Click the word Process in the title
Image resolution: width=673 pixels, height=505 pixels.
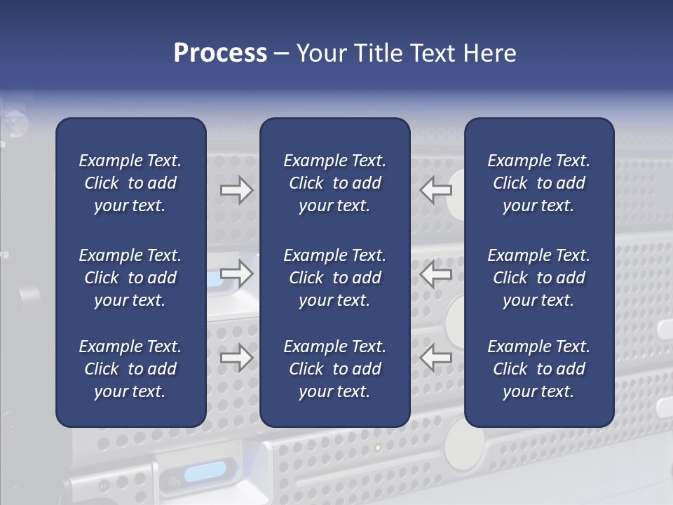point(220,53)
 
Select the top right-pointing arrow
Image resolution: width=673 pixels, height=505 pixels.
point(236,189)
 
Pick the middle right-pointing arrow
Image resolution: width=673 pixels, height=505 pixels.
point(236,274)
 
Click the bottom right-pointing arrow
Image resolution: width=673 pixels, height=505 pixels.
point(236,358)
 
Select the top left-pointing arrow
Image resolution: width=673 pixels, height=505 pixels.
point(436,189)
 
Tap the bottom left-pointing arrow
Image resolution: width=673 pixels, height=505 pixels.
point(436,358)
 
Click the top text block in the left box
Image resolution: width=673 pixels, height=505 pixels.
point(130,183)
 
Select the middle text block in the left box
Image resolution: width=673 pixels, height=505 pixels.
point(130,278)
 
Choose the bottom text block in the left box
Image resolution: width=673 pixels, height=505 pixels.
point(130,369)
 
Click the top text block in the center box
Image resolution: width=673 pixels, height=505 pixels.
point(335,183)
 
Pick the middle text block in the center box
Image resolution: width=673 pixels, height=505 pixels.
point(335,278)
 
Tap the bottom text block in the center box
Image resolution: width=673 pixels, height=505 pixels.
point(335,369)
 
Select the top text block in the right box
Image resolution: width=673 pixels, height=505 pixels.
point(539,183)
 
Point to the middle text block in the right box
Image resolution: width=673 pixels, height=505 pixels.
point(539,278)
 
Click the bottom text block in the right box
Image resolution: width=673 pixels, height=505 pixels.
point(539,369)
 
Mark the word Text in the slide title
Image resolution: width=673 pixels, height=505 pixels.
point(432,53)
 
